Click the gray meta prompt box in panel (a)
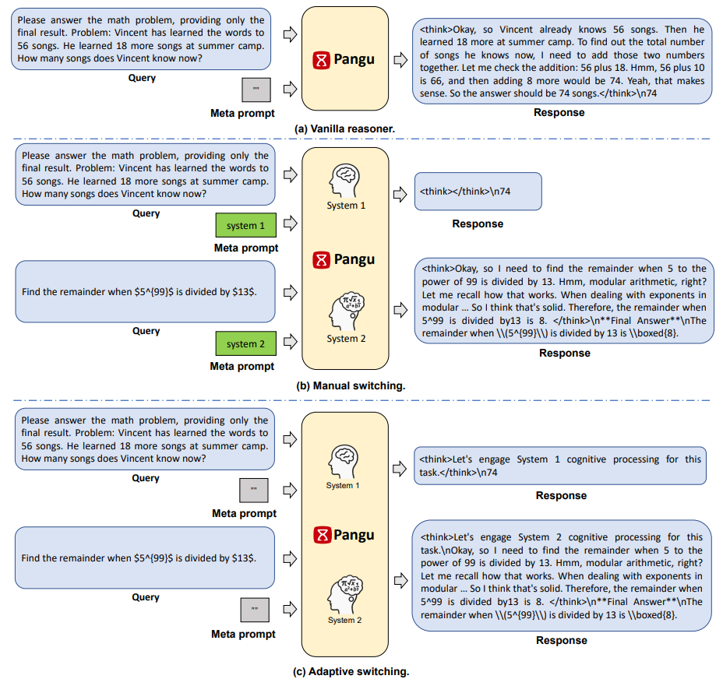[x=256, y=90]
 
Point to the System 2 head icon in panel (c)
[x=344, y=592]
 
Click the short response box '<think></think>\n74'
[x=478, y=192]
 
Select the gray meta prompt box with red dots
[x=254, y=490]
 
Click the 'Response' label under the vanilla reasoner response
[x=559, y=113]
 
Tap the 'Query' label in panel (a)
[x=143, y=78]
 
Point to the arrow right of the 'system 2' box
[x=289, y=341]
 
